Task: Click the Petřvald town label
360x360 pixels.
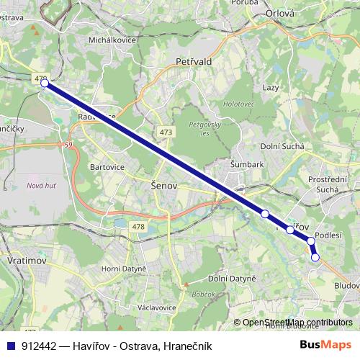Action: (x=194, y=63)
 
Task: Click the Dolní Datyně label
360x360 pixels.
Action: (x=231, y=278)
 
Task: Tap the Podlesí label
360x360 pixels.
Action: (x=328, y=235)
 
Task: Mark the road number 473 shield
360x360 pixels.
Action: (x=167, y=132)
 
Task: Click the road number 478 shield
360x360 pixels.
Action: (x=139, y=228)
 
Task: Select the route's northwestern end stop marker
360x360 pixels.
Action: (x=45, y=84)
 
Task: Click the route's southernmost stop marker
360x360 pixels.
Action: (x=315, y=257)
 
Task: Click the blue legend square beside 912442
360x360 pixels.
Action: (x=11, y=345)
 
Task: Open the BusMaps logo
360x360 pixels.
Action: (x=325, y=344)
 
